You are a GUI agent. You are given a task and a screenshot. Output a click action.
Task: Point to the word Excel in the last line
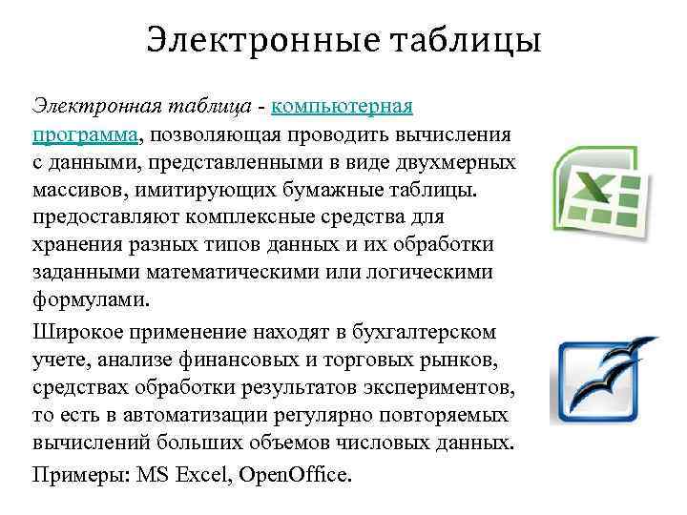pos(199,473)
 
